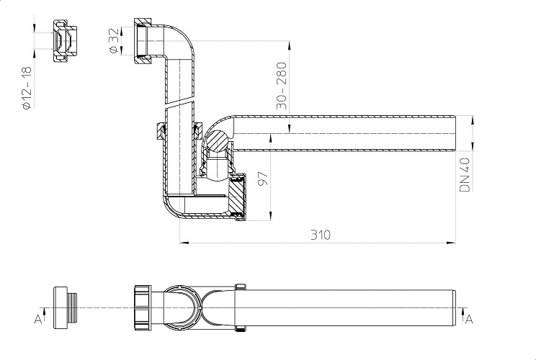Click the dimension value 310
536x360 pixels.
pos(321,235)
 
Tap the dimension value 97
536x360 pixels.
pos(263,179)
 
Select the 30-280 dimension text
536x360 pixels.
pos(281,86)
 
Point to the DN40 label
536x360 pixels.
pos(465,174)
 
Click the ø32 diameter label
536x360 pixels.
pos(114,40)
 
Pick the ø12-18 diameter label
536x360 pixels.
pos(27,88)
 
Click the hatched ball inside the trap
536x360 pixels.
pos(217,140)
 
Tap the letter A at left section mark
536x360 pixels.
pos(37,320)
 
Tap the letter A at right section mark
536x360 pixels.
pos(469,320)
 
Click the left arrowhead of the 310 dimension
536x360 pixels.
pos(184,243)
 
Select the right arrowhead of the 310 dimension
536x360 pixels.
pos(451,243)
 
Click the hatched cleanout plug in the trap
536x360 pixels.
pos(237,197)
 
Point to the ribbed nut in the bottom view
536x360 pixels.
pos(143,307)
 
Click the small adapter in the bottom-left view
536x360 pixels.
pos(65,307)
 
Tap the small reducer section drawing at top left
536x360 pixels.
pos(65,41)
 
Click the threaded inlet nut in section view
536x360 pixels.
pos(143,41)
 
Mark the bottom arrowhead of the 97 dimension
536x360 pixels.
pos(271,216)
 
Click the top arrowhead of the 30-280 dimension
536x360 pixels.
pos(290,45)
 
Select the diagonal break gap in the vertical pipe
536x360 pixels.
pos(179,104)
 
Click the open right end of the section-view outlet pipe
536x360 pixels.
pos(455,133)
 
